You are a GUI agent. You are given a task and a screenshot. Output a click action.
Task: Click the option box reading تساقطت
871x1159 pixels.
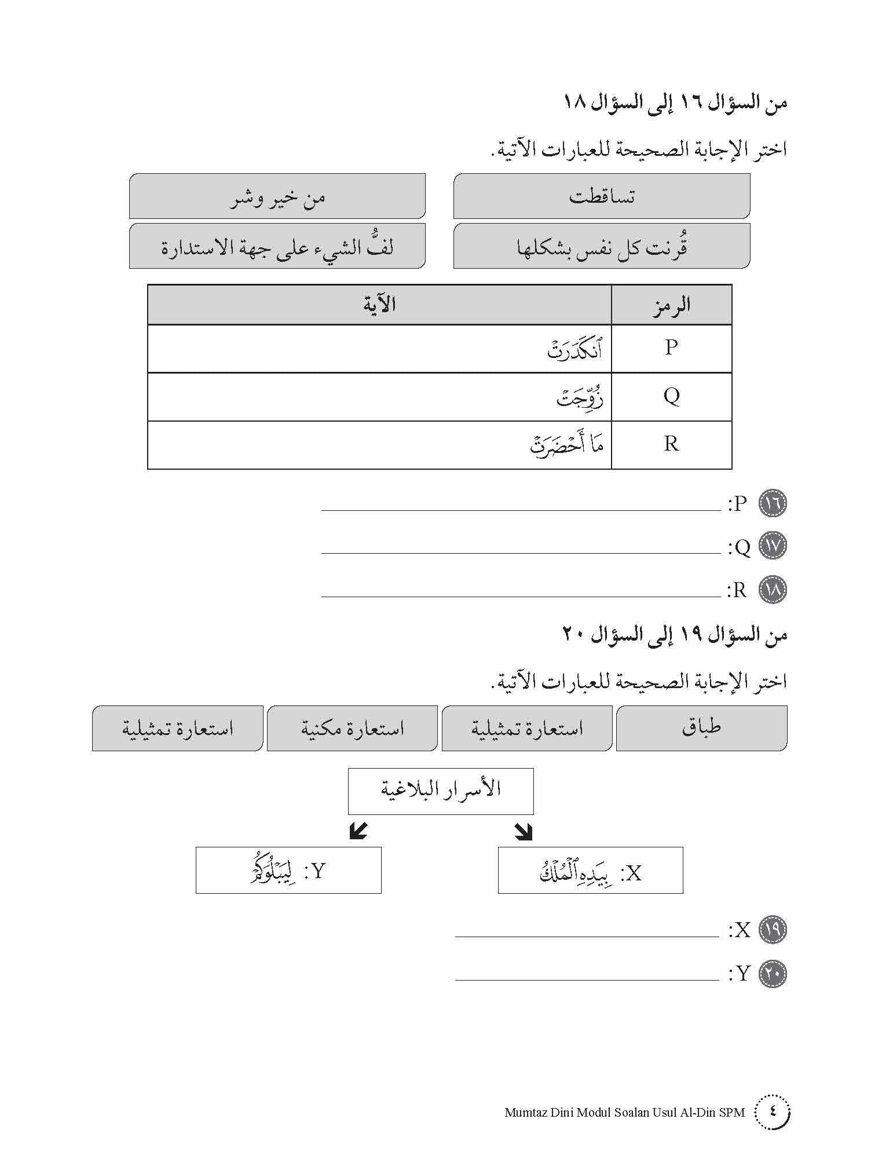601,196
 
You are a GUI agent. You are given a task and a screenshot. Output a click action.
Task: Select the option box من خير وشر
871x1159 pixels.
277,196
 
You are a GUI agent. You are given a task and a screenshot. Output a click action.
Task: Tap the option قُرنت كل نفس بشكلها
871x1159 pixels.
601,246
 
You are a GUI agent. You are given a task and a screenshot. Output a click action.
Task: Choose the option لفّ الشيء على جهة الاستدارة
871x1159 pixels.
277,246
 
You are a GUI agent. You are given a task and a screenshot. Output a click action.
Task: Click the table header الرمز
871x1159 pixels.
671,305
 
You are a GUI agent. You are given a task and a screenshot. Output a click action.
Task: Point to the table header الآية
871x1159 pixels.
379,305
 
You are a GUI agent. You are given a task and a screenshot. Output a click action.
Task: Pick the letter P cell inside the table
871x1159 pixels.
671,348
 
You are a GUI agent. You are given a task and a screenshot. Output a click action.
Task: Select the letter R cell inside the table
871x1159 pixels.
671,444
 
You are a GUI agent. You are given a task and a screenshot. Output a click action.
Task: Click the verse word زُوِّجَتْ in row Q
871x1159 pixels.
580,397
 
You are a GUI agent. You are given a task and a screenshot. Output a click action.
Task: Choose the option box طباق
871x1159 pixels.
701,728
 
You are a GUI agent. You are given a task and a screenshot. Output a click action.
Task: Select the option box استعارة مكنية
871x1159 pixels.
352,728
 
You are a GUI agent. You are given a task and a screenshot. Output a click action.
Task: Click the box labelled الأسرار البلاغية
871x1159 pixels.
440,791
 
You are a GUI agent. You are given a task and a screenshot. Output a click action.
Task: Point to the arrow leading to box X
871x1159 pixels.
524,832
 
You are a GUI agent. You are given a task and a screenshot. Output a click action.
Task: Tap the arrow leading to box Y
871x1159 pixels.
358,832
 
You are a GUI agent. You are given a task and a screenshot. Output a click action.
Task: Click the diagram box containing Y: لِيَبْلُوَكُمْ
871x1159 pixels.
288,870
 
